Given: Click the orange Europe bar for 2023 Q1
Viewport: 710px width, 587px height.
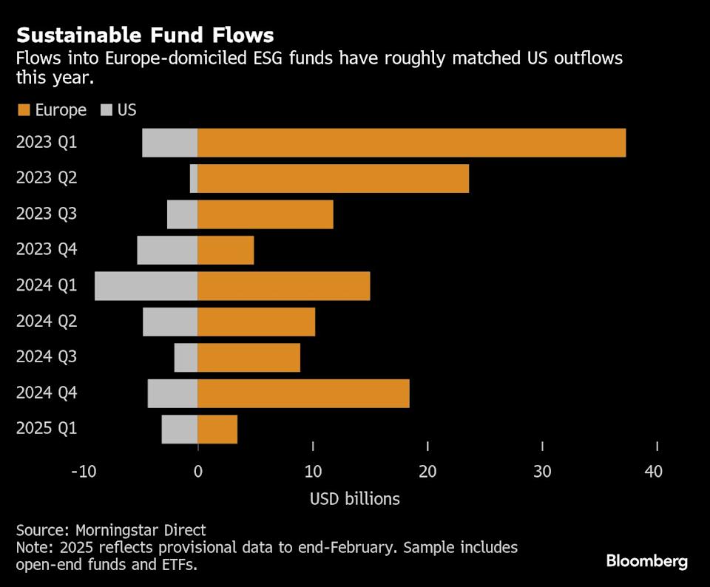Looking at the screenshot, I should pyautogui.click(x=411, y=143).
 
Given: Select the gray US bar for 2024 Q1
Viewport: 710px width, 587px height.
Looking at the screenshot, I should pyautogui.click(x=146, y=286).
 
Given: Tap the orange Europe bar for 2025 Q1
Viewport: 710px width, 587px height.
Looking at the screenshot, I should pyautogui.click(x=217, y=429).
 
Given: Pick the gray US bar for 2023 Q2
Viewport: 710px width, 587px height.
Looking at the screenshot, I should pyautogui.click(x=194, y=179).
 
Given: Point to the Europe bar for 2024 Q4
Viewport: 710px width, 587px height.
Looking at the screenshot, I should pyautogui.click(x=303, y=393).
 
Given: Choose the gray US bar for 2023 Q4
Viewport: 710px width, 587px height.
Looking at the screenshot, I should pyautogui.click(x=167, y=251).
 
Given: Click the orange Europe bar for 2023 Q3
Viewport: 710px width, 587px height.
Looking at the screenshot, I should pyautogui.click(x=266, y=214).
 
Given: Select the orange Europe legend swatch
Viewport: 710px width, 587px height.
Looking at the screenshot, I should pyautogui.click(x=23, y=111).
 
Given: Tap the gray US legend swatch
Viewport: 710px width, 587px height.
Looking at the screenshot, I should pyautogui.click(x=106, y=111).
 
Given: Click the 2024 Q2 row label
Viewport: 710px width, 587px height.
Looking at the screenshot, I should pyautogui.click(x=46, y=322).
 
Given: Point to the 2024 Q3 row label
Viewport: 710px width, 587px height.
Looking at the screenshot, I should pyautogui.click(x=46, y=357).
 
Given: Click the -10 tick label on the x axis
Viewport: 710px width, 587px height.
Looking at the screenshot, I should pyautogui.click(x=83, y=472).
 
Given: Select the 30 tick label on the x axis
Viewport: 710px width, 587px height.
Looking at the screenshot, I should pyautogui.click(x=542, y=472).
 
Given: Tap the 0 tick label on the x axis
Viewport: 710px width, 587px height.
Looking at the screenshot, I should pyautogui.click(x=198, y=472).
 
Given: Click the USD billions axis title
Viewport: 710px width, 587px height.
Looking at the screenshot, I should pyautogui.click(x=355, y=499).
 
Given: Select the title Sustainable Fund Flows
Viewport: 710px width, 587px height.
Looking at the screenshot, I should pyautogui.click(x=145, y=35).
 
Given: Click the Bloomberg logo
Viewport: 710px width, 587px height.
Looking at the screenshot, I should pyautogui.click(x=647, y=561).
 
